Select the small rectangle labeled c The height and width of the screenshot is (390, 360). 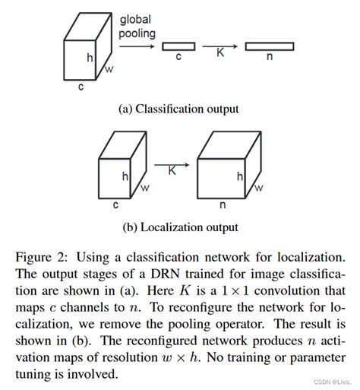coord(178,46)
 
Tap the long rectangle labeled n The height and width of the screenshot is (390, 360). coord(269,46)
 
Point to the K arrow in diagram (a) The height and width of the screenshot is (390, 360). coord(221,46)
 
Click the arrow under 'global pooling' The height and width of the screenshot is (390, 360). coord(136,46)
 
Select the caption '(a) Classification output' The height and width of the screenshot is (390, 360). coord(179,109)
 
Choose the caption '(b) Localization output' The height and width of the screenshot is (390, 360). coord(180,227)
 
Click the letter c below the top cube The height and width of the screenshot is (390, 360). coord(81,87)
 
